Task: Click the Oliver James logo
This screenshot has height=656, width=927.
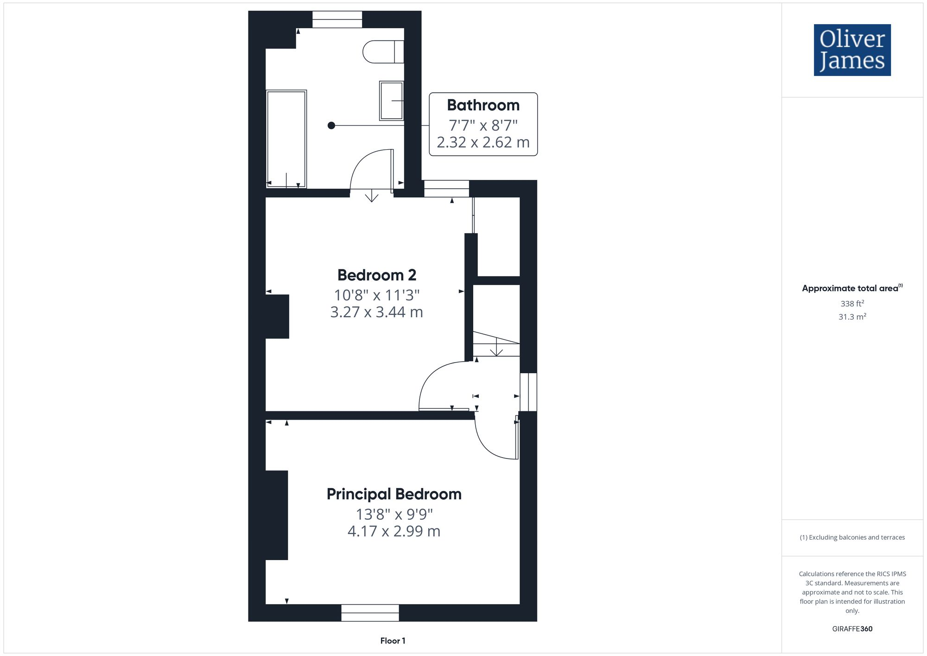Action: point(852,50)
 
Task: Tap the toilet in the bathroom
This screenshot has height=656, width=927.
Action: point(382,51)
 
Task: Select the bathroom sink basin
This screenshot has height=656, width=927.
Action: point(391,101)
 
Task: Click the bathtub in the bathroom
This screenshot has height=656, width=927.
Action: point(286,139)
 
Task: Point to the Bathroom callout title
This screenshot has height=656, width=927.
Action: point(483,105)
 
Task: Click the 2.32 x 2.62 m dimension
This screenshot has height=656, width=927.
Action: point(483,142)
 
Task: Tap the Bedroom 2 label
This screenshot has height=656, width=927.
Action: point(376,275)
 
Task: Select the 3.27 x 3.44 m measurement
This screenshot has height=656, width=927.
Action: point(376,312)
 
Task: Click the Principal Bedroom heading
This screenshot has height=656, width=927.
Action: point(394,494)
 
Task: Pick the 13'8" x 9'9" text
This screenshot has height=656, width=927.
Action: point(394,514)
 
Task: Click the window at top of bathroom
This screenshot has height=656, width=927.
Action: point(337,19)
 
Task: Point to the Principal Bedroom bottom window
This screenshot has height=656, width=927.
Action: point(370,612)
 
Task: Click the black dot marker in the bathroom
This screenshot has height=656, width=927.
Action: point(331,125)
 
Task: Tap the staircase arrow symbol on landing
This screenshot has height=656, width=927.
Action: point(496,348)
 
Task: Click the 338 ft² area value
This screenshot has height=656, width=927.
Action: point(852,304)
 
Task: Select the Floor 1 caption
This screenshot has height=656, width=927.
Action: point(393,641)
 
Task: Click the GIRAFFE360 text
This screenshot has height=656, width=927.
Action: point(852,629)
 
